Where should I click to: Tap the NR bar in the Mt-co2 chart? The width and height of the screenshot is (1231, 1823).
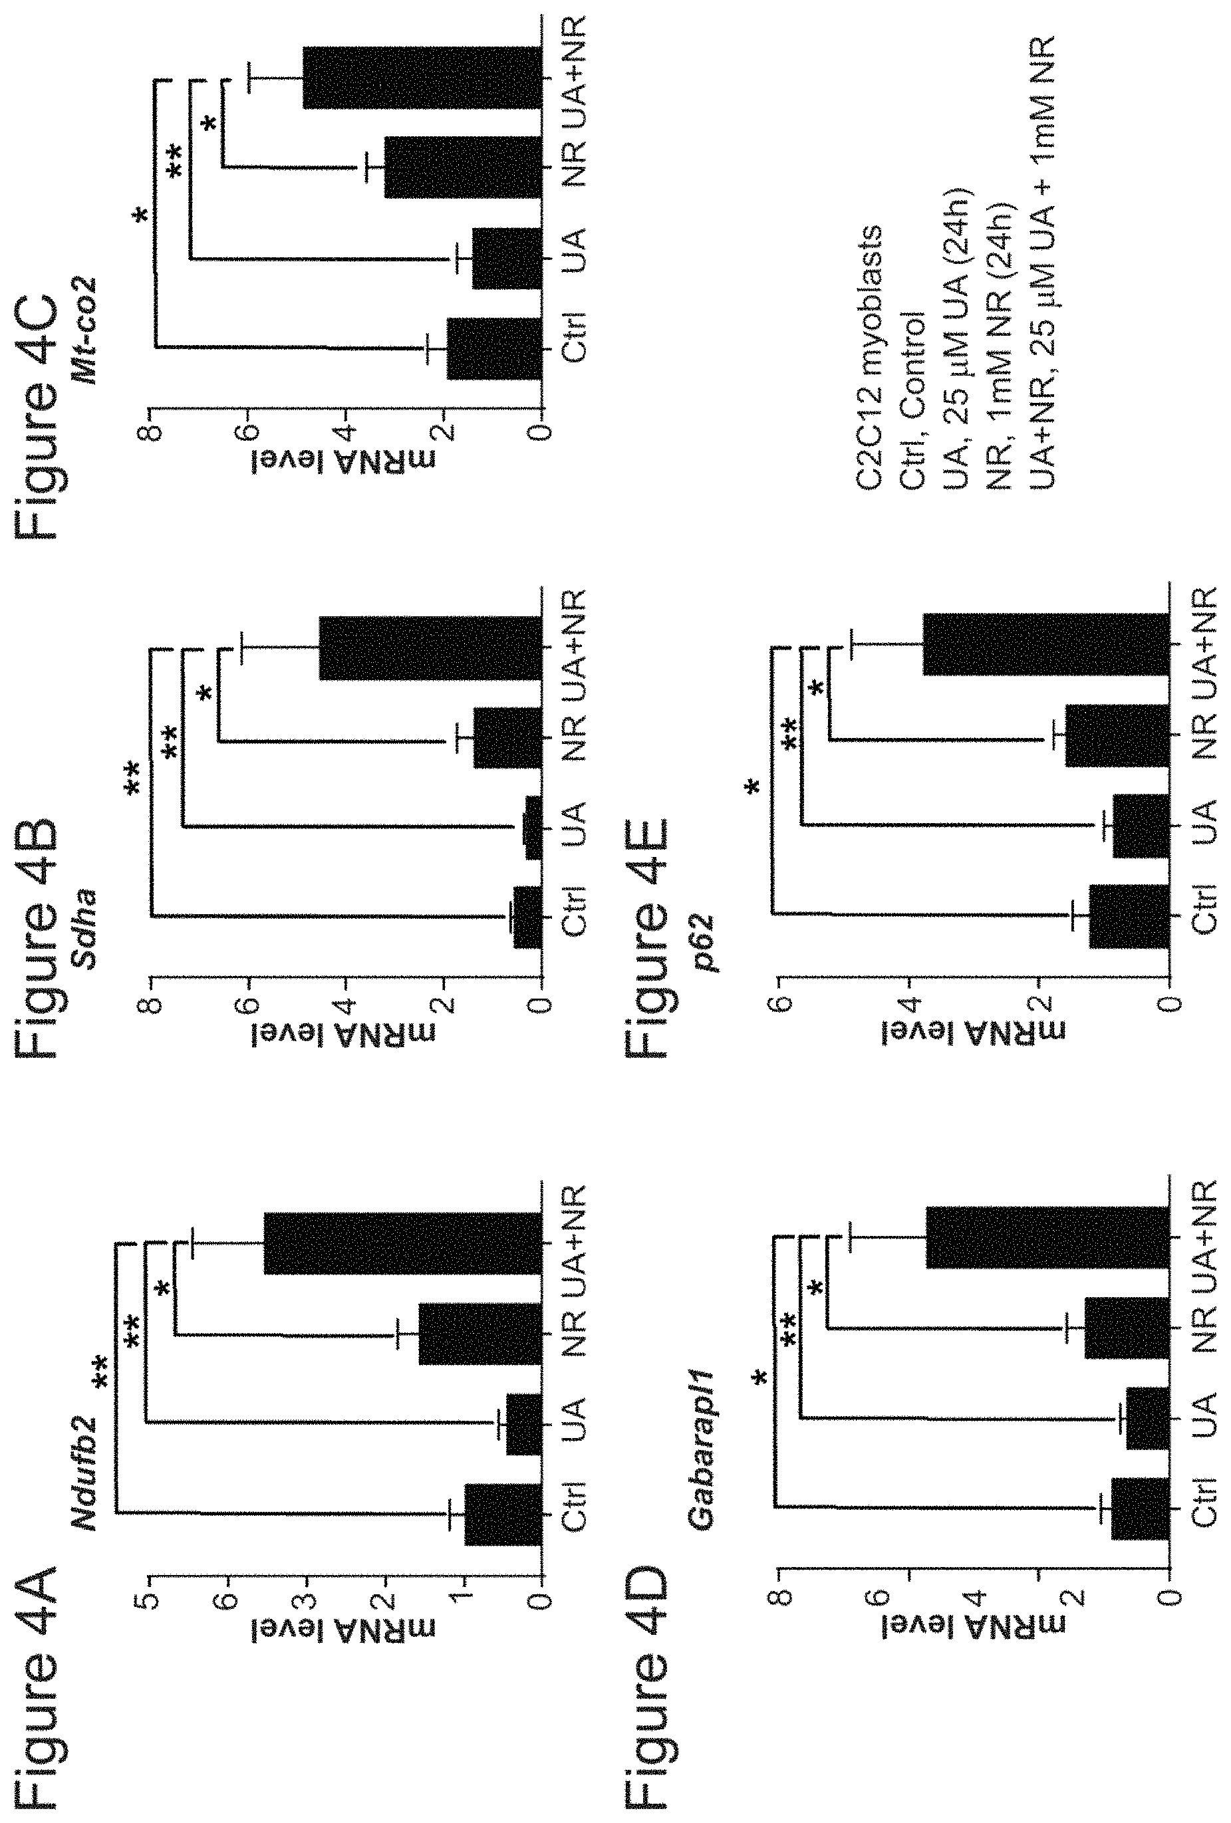tap(463, 166)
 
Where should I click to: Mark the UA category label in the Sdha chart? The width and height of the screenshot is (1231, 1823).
tap(575, 824)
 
